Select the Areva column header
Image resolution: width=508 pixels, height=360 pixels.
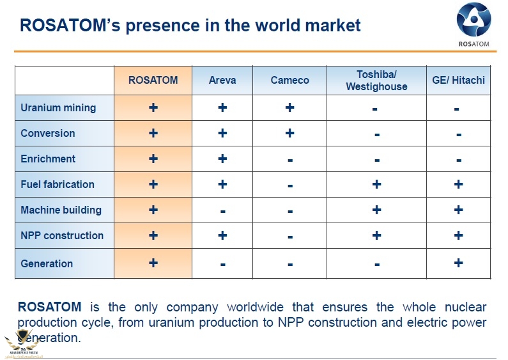(x=222, y=80)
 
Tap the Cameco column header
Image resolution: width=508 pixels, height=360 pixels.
(x=289, y=80)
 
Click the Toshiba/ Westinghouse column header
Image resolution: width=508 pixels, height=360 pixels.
(x=376, y=80)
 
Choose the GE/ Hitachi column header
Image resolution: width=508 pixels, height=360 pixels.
(x=458, y=80)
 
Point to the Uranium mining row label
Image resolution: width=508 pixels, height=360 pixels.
(x=58, y=107)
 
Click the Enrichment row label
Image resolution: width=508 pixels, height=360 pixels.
(x=48, y=159)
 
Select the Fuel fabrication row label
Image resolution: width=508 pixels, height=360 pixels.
(x=58, y=184)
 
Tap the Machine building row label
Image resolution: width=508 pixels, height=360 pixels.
(x=61, y=210)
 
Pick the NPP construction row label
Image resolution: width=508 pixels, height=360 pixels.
(x=62, y=235)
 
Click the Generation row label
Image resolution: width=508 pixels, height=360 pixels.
(x=47, y=263)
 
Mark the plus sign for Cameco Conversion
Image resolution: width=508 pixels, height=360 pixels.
(x=289, y=133)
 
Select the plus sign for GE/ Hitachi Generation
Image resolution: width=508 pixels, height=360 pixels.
(x=458, y=263)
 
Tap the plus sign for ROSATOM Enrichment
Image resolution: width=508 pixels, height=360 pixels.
(x=153, y=159)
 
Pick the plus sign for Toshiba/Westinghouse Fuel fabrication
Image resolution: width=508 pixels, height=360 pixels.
(x=376, y=184)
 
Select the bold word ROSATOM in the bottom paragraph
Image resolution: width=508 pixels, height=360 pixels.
(x=49, y=307)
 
